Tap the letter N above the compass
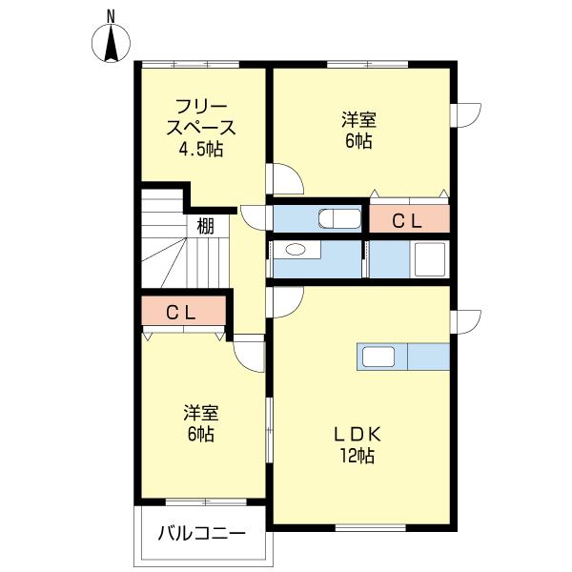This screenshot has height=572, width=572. click(112, 14)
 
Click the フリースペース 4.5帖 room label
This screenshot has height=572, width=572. click(200, 127)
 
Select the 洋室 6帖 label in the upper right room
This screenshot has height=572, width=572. click(359, 130)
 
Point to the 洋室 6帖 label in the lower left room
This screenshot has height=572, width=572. click(201, 423)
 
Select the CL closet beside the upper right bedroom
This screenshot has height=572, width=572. click(408, 220)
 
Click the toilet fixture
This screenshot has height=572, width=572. click(337, 219)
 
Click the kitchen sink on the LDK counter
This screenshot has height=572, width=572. click(378, 357)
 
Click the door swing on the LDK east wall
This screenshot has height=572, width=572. click(466, 321)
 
